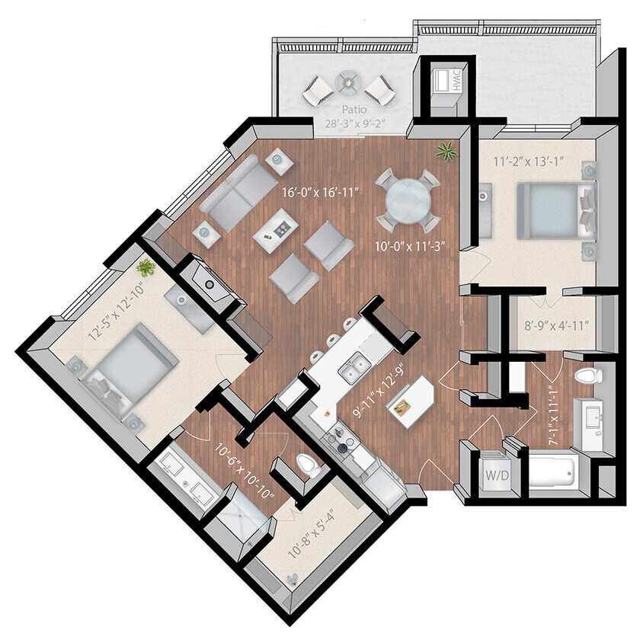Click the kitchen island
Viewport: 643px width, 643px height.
point(411,403)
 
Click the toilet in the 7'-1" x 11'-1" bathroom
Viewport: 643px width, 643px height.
point(588,376)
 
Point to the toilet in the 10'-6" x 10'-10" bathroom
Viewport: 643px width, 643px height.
point(308,465)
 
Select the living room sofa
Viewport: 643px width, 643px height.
point(238,192)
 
